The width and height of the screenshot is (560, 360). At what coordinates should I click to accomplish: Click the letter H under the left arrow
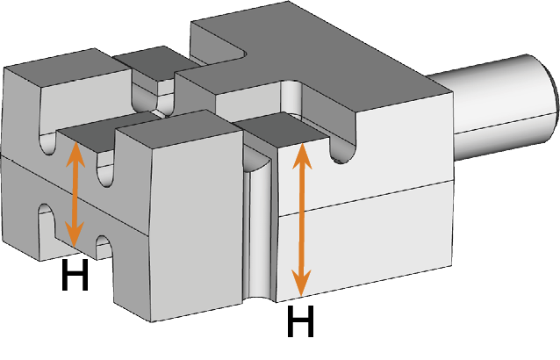tap(75, 275)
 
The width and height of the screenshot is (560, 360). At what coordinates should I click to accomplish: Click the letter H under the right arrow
tap(301, 321)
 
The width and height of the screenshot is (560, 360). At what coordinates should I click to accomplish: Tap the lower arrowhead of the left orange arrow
tap(75, 234)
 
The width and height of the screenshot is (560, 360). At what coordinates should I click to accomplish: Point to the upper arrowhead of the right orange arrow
tap(302, 155)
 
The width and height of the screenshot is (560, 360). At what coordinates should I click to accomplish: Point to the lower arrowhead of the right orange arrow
tap(301, 283)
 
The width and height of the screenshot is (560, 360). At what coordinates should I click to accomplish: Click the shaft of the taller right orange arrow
tap(302, 220)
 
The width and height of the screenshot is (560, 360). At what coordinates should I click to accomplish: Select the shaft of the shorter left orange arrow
tap(75, 194)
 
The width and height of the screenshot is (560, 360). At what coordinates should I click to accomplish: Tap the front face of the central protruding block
tap(196, 228)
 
